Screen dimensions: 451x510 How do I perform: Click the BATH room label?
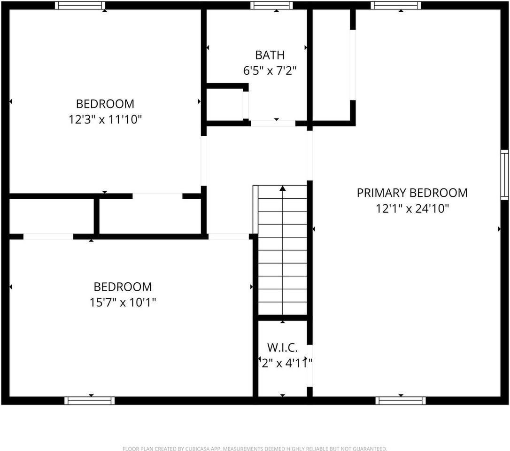270,55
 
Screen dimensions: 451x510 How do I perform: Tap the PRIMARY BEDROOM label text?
412,193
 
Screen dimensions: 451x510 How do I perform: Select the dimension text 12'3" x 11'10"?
105,119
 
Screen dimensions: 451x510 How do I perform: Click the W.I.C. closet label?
282,348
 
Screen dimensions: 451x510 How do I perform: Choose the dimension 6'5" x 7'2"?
270,71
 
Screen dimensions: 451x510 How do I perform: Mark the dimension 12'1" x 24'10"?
412,209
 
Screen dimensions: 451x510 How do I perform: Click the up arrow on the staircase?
283,188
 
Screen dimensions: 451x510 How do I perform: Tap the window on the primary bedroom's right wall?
504,175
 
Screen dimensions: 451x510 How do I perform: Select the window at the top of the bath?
271,6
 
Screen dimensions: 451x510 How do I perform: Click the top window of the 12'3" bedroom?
80,6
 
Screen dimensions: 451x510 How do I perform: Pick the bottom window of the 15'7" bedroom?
89,401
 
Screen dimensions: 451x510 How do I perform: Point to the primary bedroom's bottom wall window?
401,401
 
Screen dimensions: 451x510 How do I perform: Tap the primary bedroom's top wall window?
395,6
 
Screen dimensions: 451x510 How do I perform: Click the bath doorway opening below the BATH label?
273,124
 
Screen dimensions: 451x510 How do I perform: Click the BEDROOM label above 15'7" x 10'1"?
123,287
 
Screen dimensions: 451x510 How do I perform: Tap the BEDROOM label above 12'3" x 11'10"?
105,103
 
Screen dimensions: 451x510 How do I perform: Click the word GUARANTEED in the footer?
368,449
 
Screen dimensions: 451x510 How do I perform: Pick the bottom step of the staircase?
283,308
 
